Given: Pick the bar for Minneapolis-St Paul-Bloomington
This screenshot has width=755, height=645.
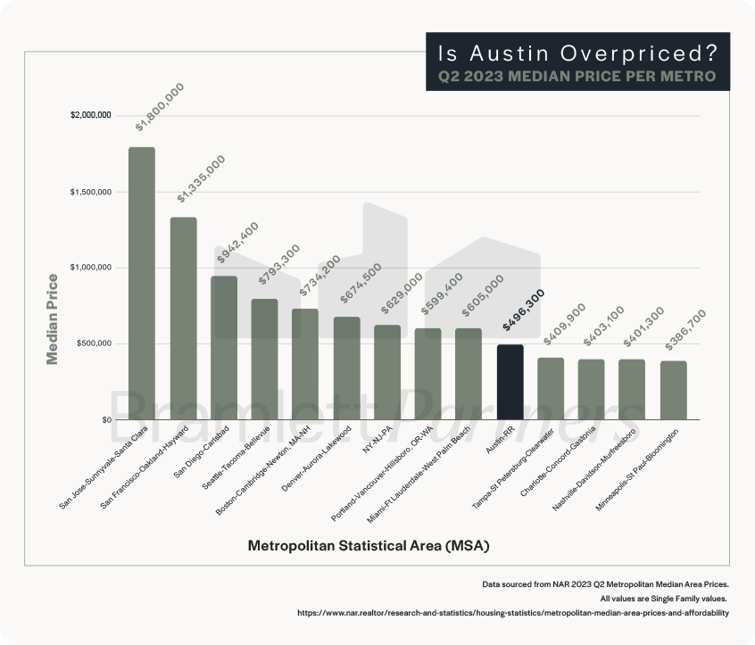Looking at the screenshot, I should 673,390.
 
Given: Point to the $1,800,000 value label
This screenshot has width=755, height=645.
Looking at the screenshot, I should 160,106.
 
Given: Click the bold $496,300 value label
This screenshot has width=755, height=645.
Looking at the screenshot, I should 523,310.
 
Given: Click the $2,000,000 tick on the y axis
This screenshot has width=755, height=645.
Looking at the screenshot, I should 90,116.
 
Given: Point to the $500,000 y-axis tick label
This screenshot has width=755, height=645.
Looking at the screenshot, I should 93,343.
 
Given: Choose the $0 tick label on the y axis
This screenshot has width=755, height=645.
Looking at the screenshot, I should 105,419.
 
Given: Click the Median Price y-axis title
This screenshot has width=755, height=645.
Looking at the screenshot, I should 53,318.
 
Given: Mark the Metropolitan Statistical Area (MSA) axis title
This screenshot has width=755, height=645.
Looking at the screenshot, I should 369,544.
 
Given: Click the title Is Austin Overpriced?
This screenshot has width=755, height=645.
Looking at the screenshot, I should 577,52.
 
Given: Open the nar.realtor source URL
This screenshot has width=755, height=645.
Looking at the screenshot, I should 512,613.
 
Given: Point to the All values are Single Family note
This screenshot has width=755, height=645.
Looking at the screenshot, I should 664,598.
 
